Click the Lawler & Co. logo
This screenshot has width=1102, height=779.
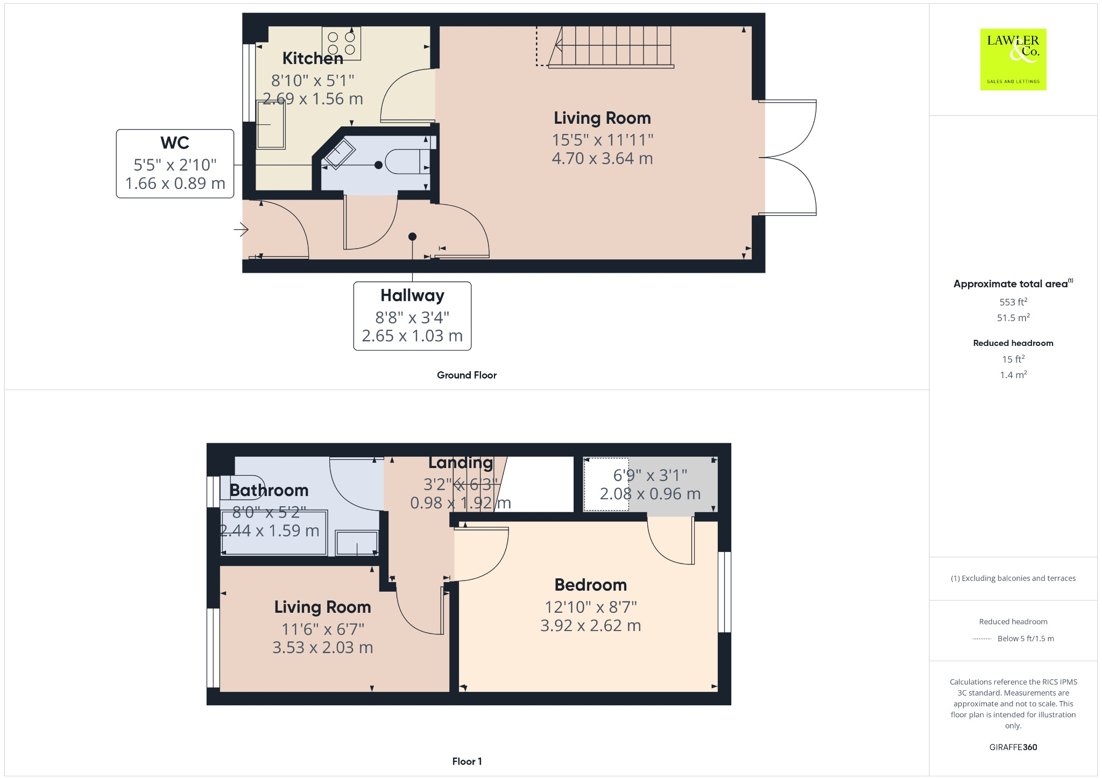(1013, 59)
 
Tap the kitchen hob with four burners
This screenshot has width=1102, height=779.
(341, 43)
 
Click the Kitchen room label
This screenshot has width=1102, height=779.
(313, 58)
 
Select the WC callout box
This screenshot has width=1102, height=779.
(175, 164)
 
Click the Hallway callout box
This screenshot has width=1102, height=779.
(412, 316)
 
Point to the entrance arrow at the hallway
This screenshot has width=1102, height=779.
(241, 230)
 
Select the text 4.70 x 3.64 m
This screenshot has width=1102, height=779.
(602, 159)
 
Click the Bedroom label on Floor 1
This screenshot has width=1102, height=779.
(590, 585)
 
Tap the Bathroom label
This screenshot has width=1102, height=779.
(269, 490)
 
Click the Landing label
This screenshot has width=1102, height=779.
(460, 463)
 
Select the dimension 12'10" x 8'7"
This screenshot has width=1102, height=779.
(590, 607)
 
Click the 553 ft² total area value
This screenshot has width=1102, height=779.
(1013, 302)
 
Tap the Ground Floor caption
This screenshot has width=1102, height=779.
(467, 375)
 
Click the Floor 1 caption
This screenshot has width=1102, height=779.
(467, 761)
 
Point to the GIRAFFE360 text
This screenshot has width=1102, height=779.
(1013, 747)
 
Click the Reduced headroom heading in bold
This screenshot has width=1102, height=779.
(1013, 343)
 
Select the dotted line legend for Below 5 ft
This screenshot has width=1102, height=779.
(982, 639)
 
